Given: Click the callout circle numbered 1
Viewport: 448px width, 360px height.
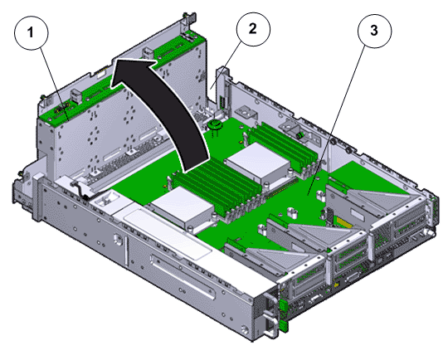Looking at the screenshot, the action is (32, 33).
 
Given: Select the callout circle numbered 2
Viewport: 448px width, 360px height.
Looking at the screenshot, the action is (253, 29).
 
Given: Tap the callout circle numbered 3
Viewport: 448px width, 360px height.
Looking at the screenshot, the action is (374, 31).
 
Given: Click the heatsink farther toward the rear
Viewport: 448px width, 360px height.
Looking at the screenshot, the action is (259, 163).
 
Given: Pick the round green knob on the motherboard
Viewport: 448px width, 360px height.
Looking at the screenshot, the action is (216, 124).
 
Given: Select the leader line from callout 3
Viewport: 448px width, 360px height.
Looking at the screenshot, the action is (336, 121).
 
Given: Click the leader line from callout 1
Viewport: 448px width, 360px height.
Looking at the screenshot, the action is (55, 85).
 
